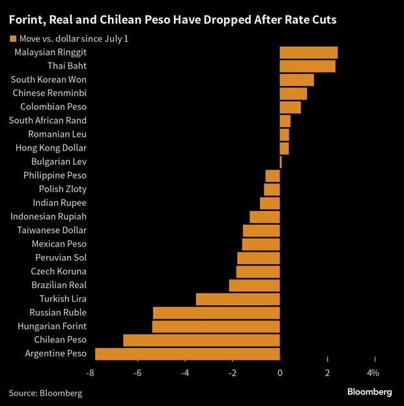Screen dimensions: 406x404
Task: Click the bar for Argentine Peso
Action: coord(188,354)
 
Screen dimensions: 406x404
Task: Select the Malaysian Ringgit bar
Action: coord(308,52)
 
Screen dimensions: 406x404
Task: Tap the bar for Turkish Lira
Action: coord(238,299)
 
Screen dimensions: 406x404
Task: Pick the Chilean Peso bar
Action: coord(201,340)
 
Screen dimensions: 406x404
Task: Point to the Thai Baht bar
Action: coord(308,66)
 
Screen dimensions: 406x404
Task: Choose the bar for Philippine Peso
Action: coord(272,175)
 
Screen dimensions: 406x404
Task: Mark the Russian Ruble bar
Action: coord(216,313)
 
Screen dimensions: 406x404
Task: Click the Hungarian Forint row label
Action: coord(53,326)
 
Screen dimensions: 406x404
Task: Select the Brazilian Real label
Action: coord(59,285)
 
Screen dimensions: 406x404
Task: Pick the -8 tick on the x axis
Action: coord(90,373)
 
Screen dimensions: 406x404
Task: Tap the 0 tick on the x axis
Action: coord(280,373)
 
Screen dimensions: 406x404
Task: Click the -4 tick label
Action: coord(185,373)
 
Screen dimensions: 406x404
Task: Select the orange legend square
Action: coord(12,39)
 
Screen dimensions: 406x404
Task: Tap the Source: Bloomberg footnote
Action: coord(46,393)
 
